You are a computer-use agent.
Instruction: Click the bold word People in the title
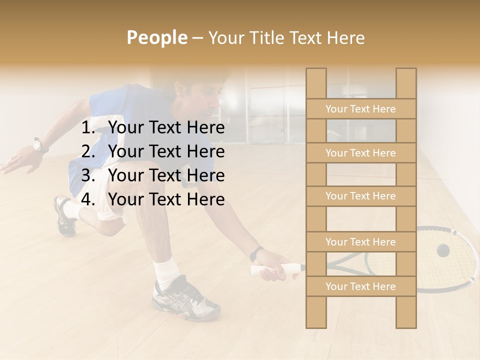tap(156, 37)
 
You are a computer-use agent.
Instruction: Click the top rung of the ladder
tap(360, 109)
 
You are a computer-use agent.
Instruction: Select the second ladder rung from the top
tap(360, 153)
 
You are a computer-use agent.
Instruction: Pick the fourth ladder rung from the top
tap(360, 242)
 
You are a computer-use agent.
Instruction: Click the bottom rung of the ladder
tap(360, 286)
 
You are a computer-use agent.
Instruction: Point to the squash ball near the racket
tap(442, 250)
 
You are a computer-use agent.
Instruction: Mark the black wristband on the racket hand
tap(256, 253)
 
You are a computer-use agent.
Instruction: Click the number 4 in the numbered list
tap(87, 199)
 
